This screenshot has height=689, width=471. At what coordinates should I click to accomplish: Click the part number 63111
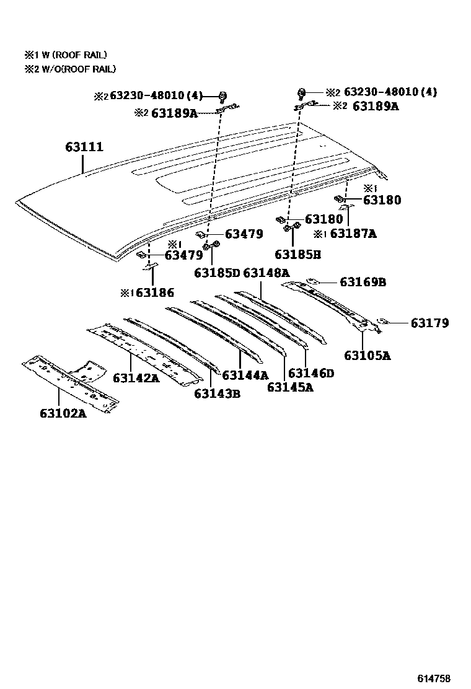coord(84,147)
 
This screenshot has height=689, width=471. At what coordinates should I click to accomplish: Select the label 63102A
coord(63,413)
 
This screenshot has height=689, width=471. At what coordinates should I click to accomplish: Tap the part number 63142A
coord(136,377)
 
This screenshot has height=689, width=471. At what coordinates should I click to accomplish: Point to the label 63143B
coord(217,393)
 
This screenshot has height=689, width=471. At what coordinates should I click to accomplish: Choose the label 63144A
coord(245,375)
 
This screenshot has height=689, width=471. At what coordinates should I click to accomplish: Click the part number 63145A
coord(290,387)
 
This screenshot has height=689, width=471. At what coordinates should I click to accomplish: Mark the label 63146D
coord(311,373)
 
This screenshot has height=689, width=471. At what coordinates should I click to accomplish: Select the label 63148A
coord(266,273)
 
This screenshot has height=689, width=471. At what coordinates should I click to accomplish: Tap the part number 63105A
coord(368,356)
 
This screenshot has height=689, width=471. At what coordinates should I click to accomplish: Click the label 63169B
coord(363,282)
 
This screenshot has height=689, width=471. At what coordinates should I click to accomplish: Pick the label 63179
coord(429,323)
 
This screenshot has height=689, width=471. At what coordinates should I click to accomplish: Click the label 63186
coord(155,292)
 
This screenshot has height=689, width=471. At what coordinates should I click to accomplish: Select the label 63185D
coord(217,273)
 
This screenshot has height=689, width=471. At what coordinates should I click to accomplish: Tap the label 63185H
coord(297,254)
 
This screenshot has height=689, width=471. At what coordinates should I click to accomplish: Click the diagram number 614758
coord(433,678)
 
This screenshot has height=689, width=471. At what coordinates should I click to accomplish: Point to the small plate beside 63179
coord(384,321)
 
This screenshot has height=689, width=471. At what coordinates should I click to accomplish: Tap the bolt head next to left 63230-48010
coord(223,95)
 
